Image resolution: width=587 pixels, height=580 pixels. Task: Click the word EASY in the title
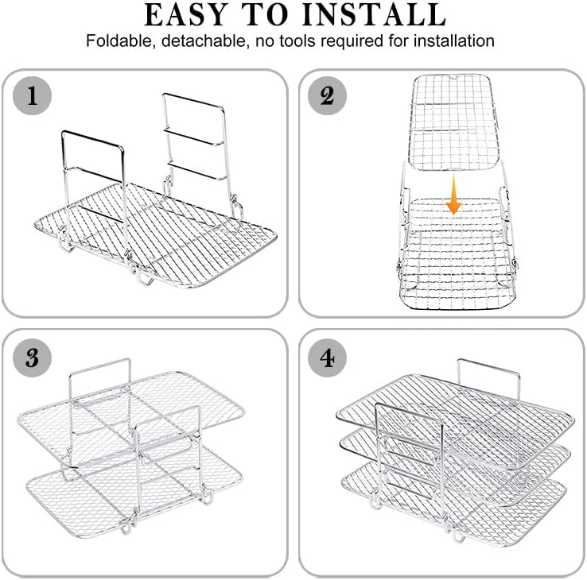186,14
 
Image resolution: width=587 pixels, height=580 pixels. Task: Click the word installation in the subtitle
453,41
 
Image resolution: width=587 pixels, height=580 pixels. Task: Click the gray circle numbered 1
32,95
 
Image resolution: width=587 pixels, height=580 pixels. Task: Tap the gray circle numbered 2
327,95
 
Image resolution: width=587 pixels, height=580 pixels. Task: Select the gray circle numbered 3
32,358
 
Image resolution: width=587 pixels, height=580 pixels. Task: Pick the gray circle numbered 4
327,358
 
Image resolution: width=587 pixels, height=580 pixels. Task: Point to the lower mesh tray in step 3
134,493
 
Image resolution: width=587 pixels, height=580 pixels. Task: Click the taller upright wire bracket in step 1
224,157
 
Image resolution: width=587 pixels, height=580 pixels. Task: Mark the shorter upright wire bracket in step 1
122,187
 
